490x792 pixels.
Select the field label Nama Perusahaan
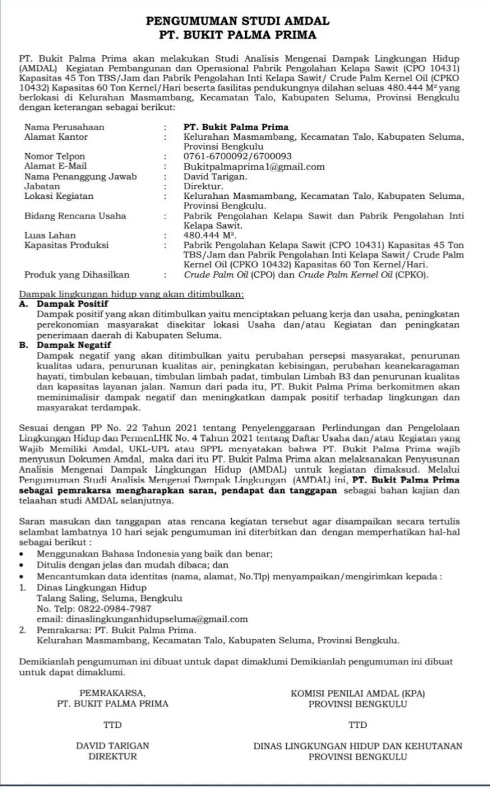(x=64, y=127)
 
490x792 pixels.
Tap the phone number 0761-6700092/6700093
(x=237, y=156)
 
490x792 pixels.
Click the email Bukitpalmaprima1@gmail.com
(x=254, y=166)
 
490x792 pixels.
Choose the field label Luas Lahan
(x=50, y=235)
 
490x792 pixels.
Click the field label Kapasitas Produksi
(x=66, y=245)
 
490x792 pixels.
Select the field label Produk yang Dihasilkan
(x=77, y=274)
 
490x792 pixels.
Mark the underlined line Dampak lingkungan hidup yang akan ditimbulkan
(x=131, y=295)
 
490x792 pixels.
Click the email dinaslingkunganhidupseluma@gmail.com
(x=142, y=619)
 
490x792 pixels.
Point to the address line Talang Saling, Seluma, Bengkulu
(x=109, y=598)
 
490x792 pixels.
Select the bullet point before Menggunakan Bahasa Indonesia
(x=23, y=555)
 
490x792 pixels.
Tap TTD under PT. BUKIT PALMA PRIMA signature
(x=112, y=725)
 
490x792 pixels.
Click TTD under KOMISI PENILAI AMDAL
(x=357, y=725)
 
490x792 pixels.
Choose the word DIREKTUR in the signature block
(x=112, y=756)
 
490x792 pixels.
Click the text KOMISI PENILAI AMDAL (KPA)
(x=357, y=693)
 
